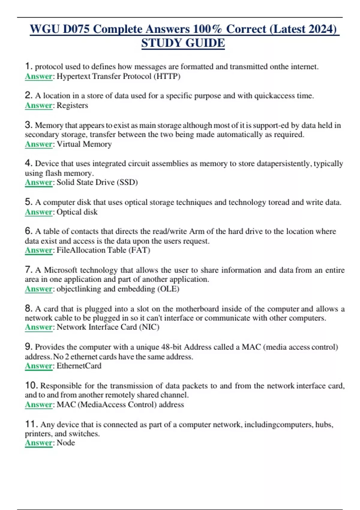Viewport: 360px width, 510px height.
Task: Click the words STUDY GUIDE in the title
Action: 183,43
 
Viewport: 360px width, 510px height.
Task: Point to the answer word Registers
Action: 72,105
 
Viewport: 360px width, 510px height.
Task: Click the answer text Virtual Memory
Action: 84,144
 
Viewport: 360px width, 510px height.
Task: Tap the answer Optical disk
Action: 77,212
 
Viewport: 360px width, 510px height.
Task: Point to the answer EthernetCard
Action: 79,366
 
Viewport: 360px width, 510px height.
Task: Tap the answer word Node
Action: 66,442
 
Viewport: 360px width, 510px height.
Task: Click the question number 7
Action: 28,269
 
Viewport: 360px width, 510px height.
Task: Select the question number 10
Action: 31,385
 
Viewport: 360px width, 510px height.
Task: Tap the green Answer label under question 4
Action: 39,182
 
